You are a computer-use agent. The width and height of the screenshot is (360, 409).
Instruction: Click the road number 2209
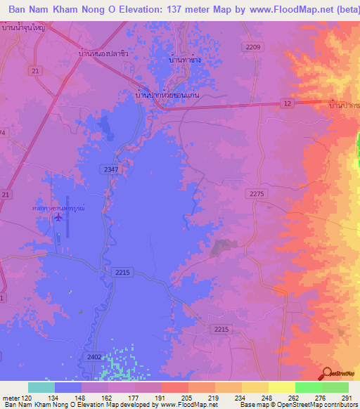tap(253, 47)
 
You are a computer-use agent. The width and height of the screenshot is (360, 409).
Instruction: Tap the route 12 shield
tap(287, 103)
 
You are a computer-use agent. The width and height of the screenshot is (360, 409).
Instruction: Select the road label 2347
tap(110, 169)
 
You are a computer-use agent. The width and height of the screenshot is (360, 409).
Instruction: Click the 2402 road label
tap(94, 357)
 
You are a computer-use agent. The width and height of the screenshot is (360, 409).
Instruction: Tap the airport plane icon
tap(58, 216)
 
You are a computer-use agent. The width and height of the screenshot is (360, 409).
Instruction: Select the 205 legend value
tap(185, 398)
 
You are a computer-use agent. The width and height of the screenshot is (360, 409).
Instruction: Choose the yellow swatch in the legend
tap(282, 387)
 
